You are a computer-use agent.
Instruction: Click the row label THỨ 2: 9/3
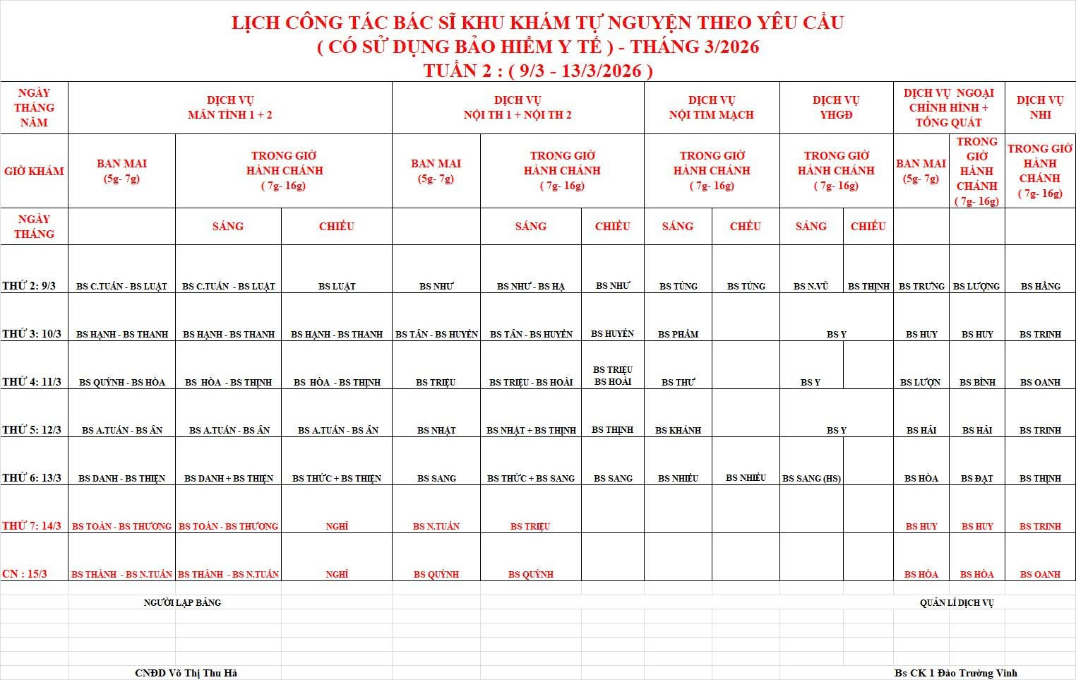tap(29, 286)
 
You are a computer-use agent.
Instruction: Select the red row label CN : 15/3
tap(25, 573)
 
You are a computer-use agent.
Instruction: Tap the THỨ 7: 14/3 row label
tap(32, 525)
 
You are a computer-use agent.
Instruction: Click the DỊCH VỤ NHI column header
tap(1040, 107)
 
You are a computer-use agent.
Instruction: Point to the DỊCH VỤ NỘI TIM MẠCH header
tap(711, 107)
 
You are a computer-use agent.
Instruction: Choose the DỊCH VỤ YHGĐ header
tap(836, 107)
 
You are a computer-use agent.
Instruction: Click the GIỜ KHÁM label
tap(34, 171)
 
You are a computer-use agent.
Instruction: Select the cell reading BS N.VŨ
tap(811, 286)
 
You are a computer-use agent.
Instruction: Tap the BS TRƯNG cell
tap(921, 286)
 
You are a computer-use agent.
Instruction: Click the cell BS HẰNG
tap(1040, 286)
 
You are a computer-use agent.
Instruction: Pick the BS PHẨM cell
tap(678, 334)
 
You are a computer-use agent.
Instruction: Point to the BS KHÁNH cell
tap(678, 430)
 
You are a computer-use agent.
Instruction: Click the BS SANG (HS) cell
tap(811, 478)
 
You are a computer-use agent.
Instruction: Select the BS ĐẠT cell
tap(976, 478)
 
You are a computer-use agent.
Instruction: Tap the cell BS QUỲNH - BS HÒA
tap(122, 382)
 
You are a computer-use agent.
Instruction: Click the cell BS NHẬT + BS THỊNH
tap(531, 430)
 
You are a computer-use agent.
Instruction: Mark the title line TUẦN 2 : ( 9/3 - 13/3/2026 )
tap(538, 71)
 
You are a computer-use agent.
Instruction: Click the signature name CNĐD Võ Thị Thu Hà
tap(186, 673)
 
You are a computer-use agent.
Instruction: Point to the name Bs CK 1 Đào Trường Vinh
tap(956, 673)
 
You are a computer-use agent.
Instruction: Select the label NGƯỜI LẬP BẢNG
tap(182, 602)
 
